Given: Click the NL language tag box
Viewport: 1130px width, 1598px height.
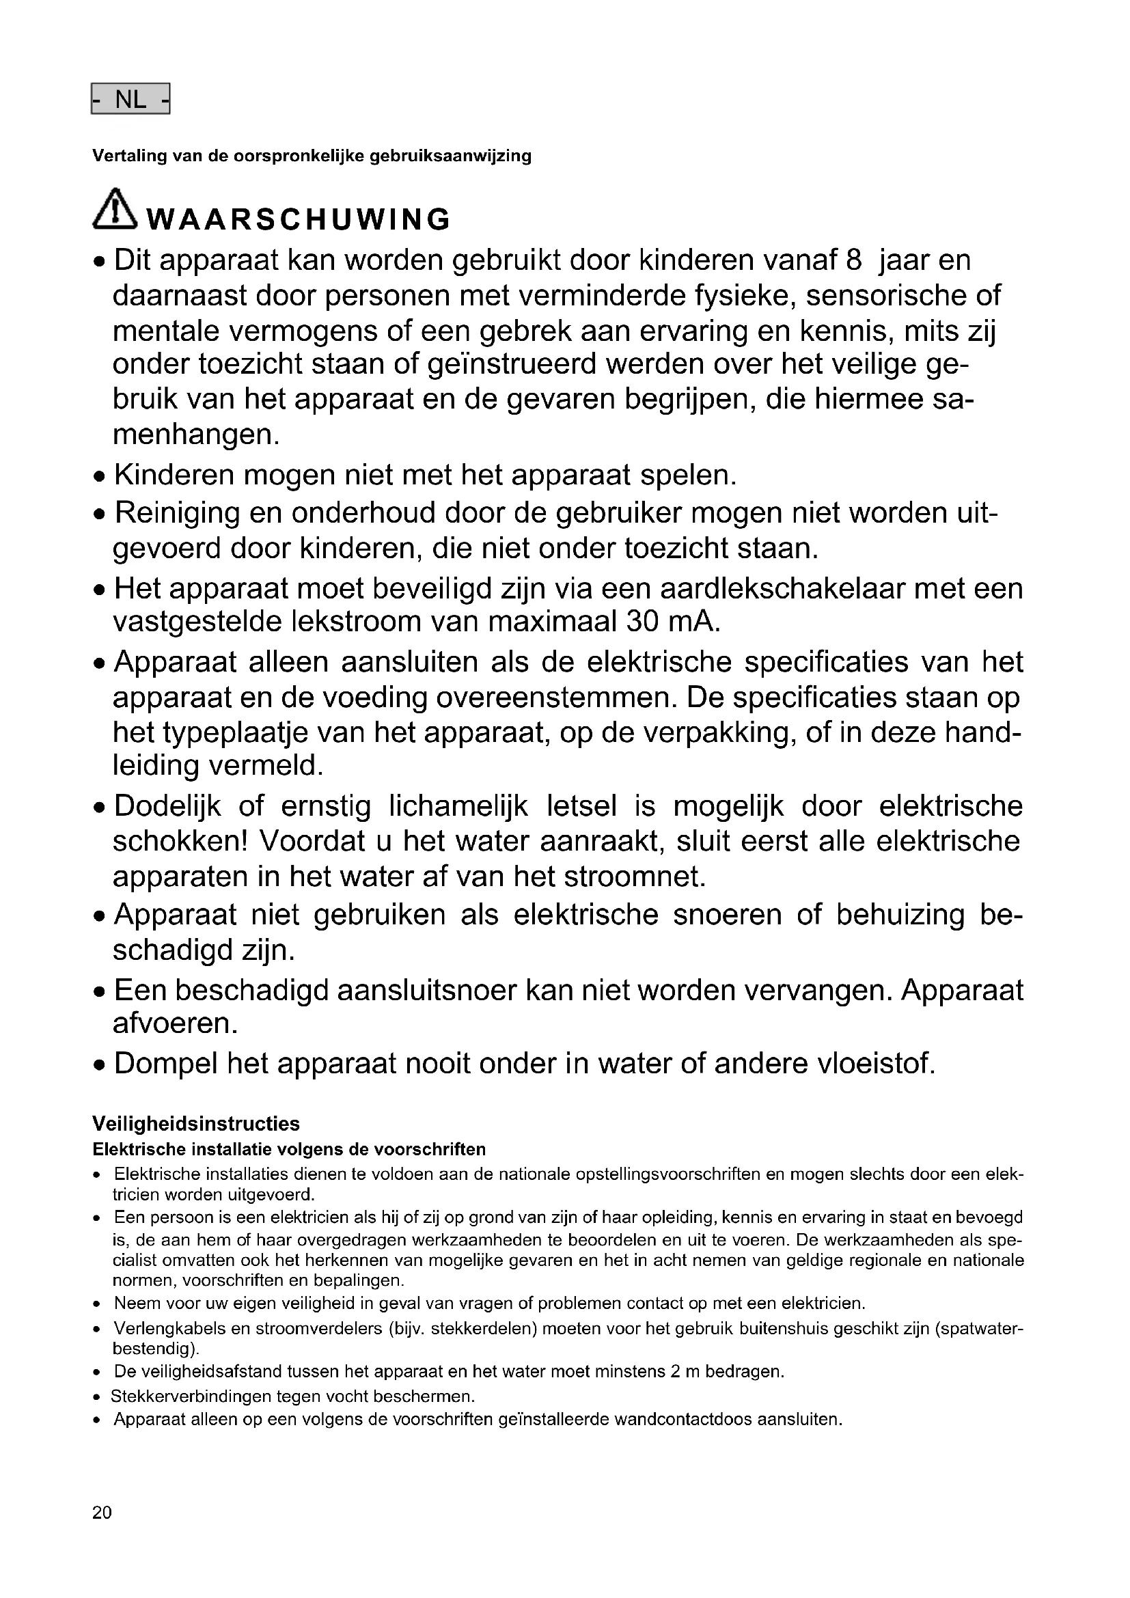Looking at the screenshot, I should [130, 100].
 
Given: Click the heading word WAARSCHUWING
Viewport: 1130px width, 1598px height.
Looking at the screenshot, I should [299, 220].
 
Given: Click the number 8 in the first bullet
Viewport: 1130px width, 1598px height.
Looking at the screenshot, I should [854, 260].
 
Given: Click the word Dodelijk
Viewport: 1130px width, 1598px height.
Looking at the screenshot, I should [167, 806].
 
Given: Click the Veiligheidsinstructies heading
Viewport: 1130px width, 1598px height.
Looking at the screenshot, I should [195, 1123].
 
